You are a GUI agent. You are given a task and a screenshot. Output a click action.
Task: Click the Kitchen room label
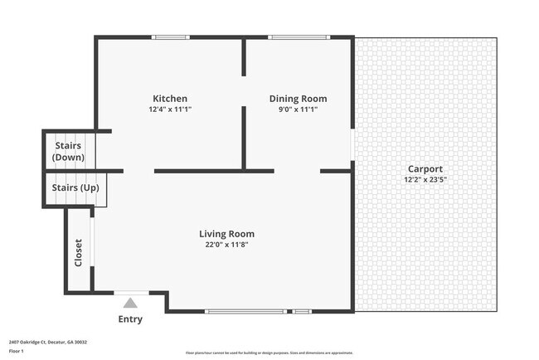[x=169, y=99]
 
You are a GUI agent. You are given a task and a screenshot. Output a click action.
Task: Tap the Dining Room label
[x=292, y=99]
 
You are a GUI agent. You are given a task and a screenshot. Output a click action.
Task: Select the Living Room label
[x=226, y=233]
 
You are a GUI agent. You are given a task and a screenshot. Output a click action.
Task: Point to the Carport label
[x=423, y=168]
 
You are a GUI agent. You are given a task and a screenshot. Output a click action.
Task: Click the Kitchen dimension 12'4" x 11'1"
[x=169, y=109]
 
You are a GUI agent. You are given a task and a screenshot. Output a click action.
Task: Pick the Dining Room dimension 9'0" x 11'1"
[x=292, y=109]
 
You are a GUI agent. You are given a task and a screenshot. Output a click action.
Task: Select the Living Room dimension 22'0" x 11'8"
[x=226, y=244]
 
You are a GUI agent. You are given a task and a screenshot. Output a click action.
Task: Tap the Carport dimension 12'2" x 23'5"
[x=423, y=179]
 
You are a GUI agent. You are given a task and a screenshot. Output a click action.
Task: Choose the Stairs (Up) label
[x=75, y=187]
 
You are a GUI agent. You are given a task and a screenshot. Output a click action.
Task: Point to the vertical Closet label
[x=79, y=253]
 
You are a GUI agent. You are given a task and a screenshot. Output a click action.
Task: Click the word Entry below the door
[x=130, y=319]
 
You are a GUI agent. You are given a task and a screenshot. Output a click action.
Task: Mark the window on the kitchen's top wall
[x=170, y=36]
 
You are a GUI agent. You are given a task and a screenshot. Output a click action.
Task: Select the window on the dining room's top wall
[x=299, y=36]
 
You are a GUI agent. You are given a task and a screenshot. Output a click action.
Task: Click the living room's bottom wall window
[x=245, y=311]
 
